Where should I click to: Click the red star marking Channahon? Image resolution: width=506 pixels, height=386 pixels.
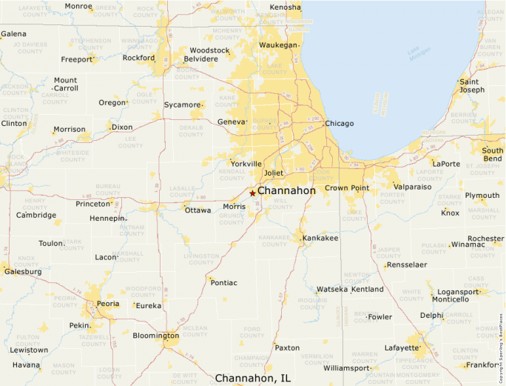coord(252,193)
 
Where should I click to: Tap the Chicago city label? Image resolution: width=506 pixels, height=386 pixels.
coord(340,124)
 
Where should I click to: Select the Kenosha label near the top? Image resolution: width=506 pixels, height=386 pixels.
coord(286,7)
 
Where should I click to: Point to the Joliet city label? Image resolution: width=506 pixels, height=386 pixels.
coord(274,173)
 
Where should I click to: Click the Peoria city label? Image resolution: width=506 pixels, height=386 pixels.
coord(108,304)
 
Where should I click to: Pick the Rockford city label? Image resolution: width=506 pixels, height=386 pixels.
coord(139,58)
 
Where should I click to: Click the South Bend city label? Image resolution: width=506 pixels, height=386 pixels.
coord(492,155)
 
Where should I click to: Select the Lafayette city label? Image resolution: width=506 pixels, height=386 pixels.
coord(402,347)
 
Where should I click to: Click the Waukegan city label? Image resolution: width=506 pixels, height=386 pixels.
coord(277,45)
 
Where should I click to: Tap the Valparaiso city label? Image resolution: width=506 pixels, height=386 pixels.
coord(412,187)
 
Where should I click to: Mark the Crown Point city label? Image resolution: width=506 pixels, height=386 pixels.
coord(346,188)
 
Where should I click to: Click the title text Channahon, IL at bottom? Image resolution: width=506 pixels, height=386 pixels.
coord(252,378)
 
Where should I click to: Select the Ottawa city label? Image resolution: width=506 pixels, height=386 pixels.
coord(198,210)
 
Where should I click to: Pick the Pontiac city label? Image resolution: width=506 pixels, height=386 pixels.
coord(224,282)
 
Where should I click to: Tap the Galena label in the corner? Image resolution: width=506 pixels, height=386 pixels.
coord(13,34)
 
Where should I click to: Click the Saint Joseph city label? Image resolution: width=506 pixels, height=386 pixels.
coord(472,86)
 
